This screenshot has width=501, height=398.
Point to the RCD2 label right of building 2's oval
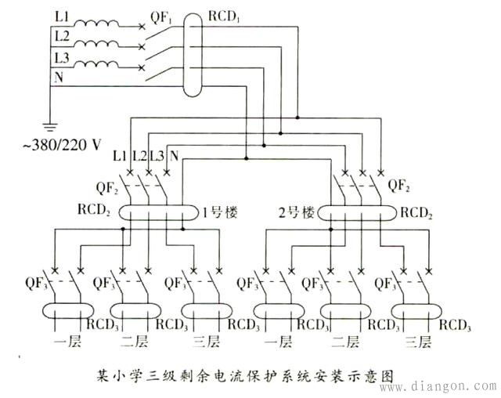point(420,212)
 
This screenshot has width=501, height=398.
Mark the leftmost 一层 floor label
point(63,342)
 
